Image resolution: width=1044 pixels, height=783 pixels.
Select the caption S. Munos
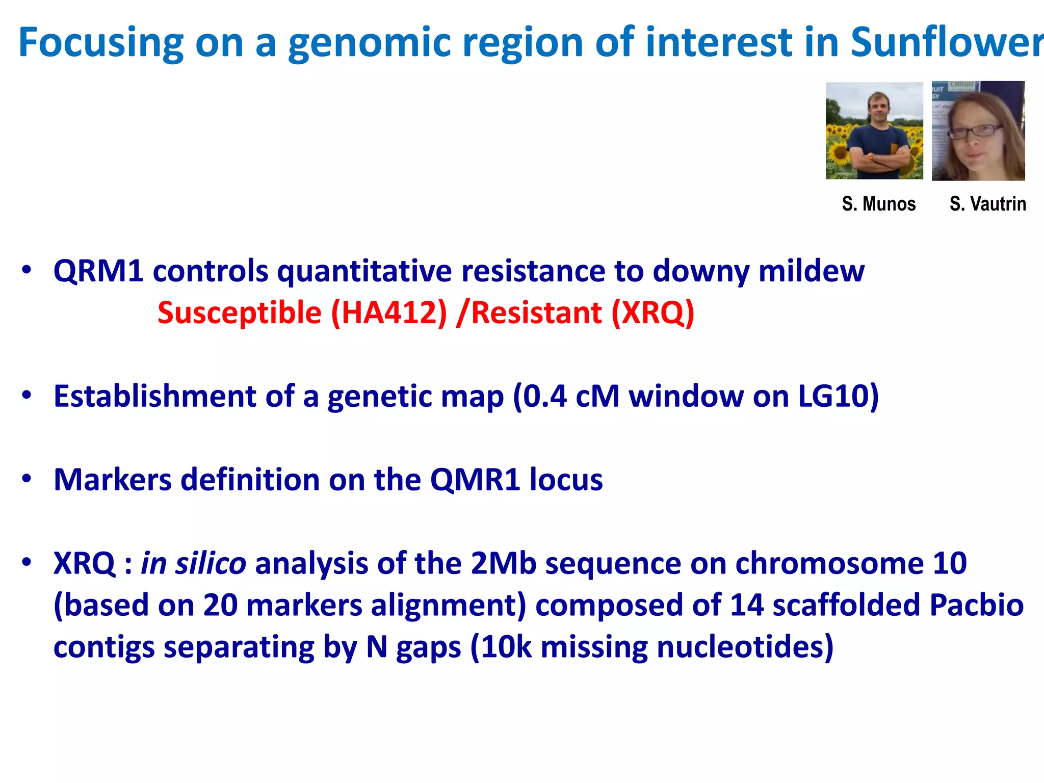[x=878, y=204]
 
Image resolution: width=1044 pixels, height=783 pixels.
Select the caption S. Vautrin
[x=987, y=204]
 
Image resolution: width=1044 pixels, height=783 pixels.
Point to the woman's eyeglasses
[x=974, y=131]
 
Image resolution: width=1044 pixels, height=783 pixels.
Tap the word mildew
[x=811, y=271]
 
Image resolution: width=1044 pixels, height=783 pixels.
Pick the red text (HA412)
[x=389, y=313]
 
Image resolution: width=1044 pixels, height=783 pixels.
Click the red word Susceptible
[x=240, y=313]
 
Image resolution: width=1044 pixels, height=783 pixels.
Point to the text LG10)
[x=838, y=396]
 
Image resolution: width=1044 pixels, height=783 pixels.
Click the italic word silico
[x=211, y=564]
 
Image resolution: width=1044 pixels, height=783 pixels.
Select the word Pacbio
[x=976, y=606]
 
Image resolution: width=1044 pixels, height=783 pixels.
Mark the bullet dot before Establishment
[x=27, y=395]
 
